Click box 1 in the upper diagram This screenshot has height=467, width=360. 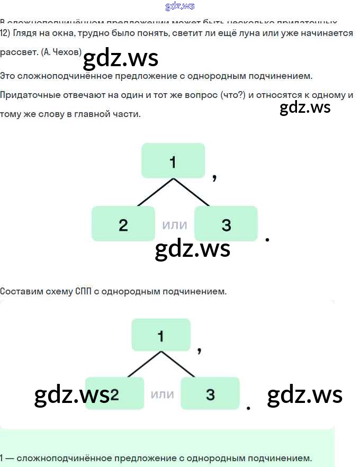pos(173,160)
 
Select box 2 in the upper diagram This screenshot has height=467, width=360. pos(123,224)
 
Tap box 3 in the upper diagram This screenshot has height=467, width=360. pos(226,224)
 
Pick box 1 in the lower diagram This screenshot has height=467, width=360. pos(161,335)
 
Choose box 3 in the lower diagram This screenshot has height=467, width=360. pos(210,393)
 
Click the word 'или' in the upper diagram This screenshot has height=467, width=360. pos(175,224)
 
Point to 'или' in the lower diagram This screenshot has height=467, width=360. pos(163,394)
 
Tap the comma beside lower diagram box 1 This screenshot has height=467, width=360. pos(200,350)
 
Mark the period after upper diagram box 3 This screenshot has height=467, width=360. pos(267,240)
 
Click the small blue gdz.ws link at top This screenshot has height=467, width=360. pos(179,6)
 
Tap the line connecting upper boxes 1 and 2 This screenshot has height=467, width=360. pos(155,192)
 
